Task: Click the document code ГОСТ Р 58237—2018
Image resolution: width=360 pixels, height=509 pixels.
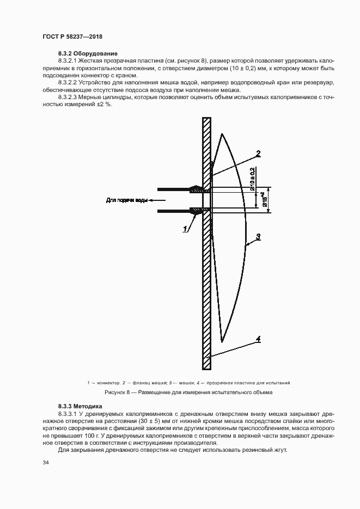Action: [x=72, y=36]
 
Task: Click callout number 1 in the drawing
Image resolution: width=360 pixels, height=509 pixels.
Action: [x=186, y=229]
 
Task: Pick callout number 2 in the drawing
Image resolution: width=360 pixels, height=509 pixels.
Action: [x=258, y=154]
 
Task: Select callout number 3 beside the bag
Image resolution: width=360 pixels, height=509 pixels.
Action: [x=259, y=236]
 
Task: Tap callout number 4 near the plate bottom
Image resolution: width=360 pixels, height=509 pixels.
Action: [x=258, y=340]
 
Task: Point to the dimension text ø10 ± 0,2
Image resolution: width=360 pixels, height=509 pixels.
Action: [x=252, y=180]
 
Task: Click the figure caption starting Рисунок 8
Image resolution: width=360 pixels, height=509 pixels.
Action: [x=188, y=392]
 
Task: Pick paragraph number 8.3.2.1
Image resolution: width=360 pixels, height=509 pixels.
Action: [x=69, y=62]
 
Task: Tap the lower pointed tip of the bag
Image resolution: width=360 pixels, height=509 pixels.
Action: [x=222, y=342]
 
